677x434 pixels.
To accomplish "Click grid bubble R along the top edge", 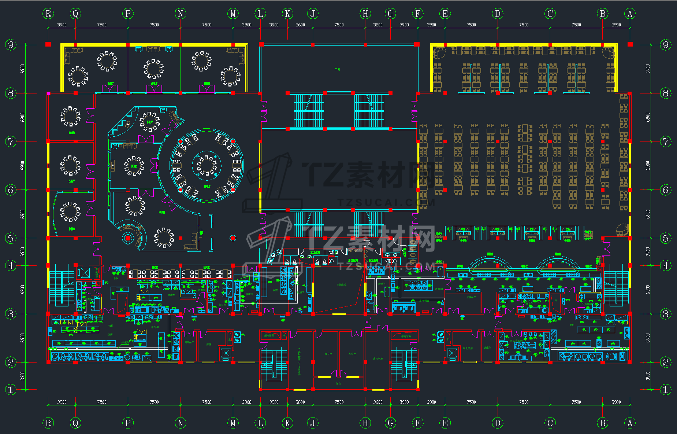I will (x=48, y=14).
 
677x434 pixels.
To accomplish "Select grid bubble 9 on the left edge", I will (x=11, y=45).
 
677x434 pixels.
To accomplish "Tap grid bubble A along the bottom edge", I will (x=630, y=423).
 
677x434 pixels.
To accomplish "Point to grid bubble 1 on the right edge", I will (x=665, y=390).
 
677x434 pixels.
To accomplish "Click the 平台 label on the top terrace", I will (x=337, y=69).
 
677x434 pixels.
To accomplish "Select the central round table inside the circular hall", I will (x=207, y=165).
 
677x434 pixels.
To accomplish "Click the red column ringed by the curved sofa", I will (x=128, y=238).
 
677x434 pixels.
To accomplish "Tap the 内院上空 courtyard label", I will (x=341, y=284).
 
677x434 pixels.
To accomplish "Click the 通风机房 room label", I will (x=378, y=358).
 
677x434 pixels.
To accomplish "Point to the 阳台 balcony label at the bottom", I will (x=338, y=383).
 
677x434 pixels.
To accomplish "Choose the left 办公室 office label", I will (x=328, y=354).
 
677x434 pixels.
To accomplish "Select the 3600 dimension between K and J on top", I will (x=300, y=25).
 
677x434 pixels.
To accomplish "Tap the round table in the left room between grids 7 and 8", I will (x=70, y=116).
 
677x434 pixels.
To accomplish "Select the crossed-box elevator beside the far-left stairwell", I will (x=85, y=273).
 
